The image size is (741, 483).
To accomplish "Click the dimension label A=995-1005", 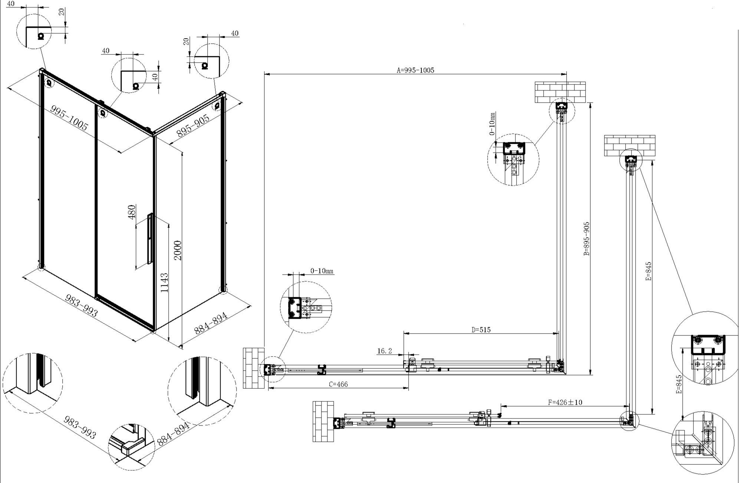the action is (415, 70).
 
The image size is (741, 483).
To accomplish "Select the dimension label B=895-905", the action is (586, 239).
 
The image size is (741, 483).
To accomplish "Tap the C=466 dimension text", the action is (338, 384).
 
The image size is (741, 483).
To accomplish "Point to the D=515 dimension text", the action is (481, 330).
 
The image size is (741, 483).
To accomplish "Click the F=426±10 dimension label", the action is (565, 402).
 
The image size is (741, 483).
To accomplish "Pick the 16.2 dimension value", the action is (385, 351).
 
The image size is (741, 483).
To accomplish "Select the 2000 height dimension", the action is (178, 250).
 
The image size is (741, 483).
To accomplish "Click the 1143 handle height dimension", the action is (164, 283).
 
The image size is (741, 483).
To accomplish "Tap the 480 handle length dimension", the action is (132, 212).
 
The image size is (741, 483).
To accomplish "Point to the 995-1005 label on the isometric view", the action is (69, 118).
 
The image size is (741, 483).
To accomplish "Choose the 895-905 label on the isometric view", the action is (193, 126).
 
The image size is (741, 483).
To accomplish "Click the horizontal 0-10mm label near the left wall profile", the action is (322, 271).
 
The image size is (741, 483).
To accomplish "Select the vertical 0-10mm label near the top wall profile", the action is (492, 124).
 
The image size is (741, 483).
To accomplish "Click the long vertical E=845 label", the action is (648, 271).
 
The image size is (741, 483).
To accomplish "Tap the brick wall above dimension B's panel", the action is (560, 92).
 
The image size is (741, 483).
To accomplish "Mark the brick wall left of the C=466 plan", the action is (254, 368).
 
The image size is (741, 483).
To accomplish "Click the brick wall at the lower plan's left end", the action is (323, 421).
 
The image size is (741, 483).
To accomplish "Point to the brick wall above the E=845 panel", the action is (630, 146).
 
